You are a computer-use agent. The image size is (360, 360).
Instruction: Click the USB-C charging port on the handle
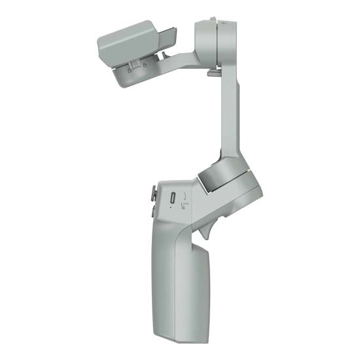click(x=172, y=198)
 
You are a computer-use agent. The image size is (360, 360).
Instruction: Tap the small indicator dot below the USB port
click(x=172, y=209)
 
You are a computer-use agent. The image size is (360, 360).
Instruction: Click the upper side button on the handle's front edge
click(x=154, y=192)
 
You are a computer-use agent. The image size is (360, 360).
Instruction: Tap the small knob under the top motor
click(x=213, y=73)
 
